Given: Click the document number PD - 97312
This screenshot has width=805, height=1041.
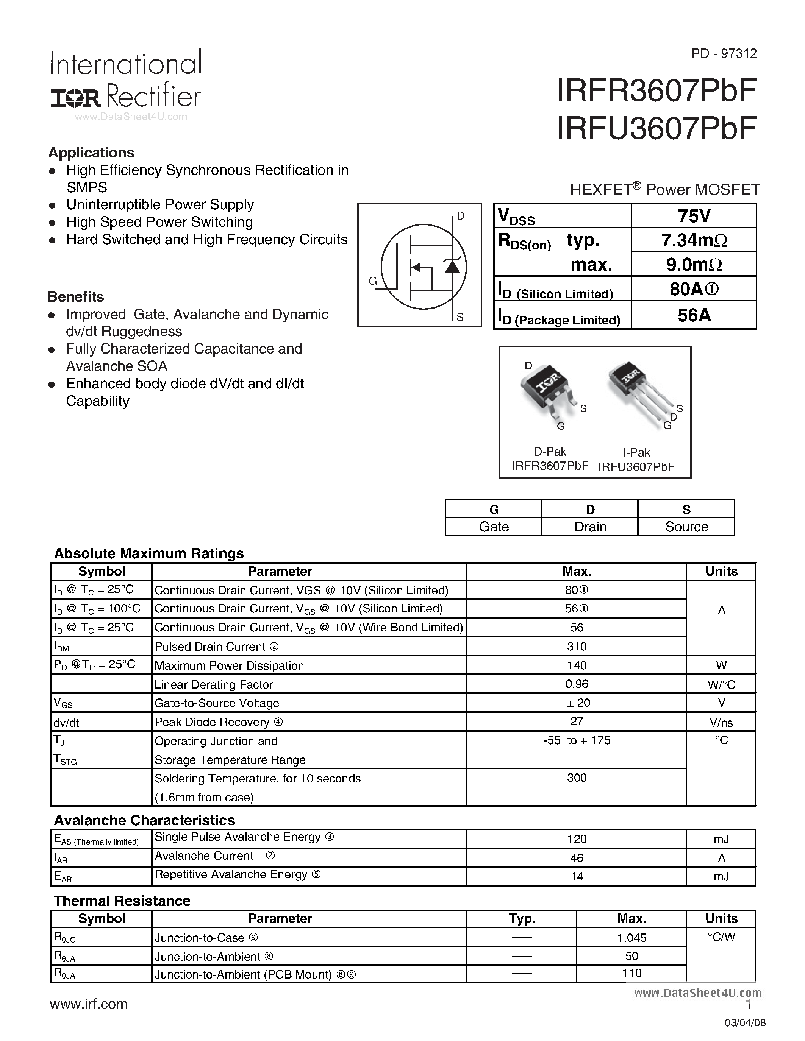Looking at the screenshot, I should [724, 53].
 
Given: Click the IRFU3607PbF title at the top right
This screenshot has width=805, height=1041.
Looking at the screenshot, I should [656, 128].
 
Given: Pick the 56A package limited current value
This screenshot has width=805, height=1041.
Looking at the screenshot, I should [694, 315].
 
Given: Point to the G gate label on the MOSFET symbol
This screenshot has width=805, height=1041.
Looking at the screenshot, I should [373, 281].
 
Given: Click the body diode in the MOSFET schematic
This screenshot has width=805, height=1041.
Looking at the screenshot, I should [452, 266].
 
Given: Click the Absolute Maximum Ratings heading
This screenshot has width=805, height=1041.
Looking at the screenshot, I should [149, 553].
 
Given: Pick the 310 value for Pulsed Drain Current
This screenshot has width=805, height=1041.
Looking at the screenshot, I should [577, 646].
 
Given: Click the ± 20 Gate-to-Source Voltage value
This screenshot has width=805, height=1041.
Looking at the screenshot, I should [577, 703].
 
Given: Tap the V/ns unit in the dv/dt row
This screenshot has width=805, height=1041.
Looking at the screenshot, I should [721, 723].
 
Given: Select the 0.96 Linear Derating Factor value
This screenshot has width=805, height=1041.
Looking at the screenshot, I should [577, 684].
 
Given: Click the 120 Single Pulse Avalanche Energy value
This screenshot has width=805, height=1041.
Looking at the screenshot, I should [577, 839].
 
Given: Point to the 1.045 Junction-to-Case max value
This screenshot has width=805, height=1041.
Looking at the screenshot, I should [631, 938].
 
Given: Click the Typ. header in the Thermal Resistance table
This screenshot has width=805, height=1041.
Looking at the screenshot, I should [521, 918].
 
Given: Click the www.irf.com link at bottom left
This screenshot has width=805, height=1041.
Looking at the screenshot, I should [89, 1004].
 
